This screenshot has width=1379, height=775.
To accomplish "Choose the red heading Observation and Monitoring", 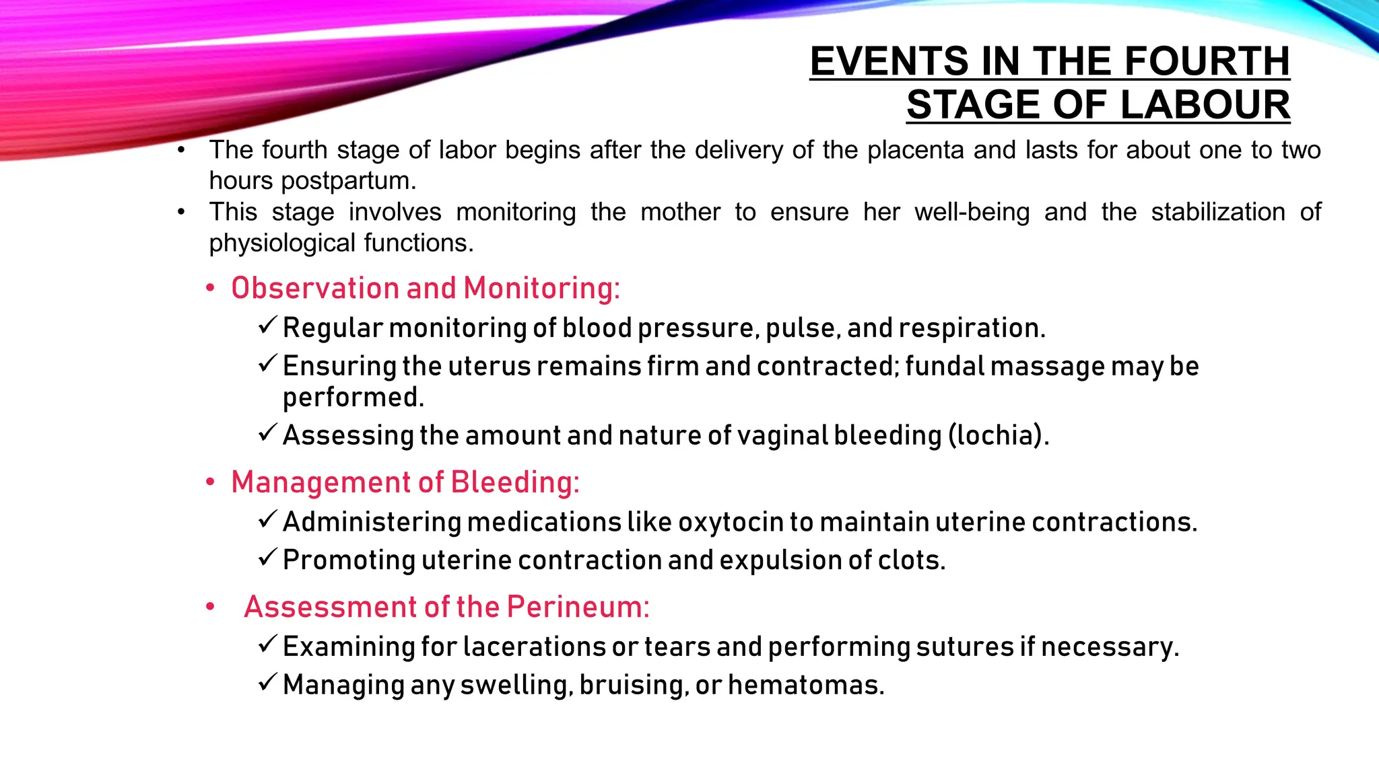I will tap(425, 288).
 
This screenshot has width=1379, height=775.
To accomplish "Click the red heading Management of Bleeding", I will tap(405, 482).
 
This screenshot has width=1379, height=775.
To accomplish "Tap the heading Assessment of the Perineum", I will tap(446, 607).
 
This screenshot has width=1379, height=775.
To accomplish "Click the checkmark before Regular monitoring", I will tap(267, 326).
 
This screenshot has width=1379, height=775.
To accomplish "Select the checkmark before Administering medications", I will tap(267, 520).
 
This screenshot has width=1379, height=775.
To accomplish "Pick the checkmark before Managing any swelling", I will tap(267, 683).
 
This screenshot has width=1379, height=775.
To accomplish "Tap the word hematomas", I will tap(805, 686).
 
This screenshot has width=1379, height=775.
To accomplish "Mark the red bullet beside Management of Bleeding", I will tap(211, 482).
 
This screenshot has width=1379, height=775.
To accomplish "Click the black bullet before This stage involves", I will tap(181, 213).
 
